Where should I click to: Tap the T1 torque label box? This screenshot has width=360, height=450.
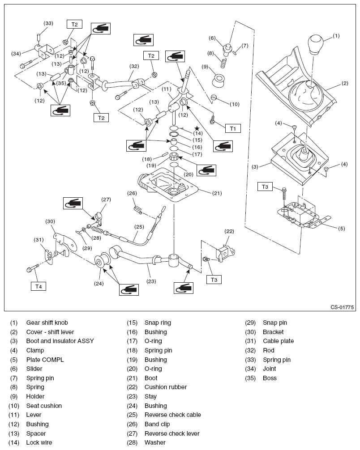233,128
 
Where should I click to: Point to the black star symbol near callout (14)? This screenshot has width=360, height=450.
196,128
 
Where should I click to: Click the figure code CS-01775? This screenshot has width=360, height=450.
343,307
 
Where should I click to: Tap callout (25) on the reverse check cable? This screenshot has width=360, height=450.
140,227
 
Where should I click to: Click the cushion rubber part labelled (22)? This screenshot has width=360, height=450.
224,252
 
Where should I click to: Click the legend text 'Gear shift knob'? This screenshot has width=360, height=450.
47,323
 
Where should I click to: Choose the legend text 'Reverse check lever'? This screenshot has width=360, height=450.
172,433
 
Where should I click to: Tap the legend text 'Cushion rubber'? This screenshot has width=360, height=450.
165,387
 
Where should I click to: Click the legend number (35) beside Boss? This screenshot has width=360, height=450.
251,378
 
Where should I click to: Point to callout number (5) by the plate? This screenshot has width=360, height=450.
341,228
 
